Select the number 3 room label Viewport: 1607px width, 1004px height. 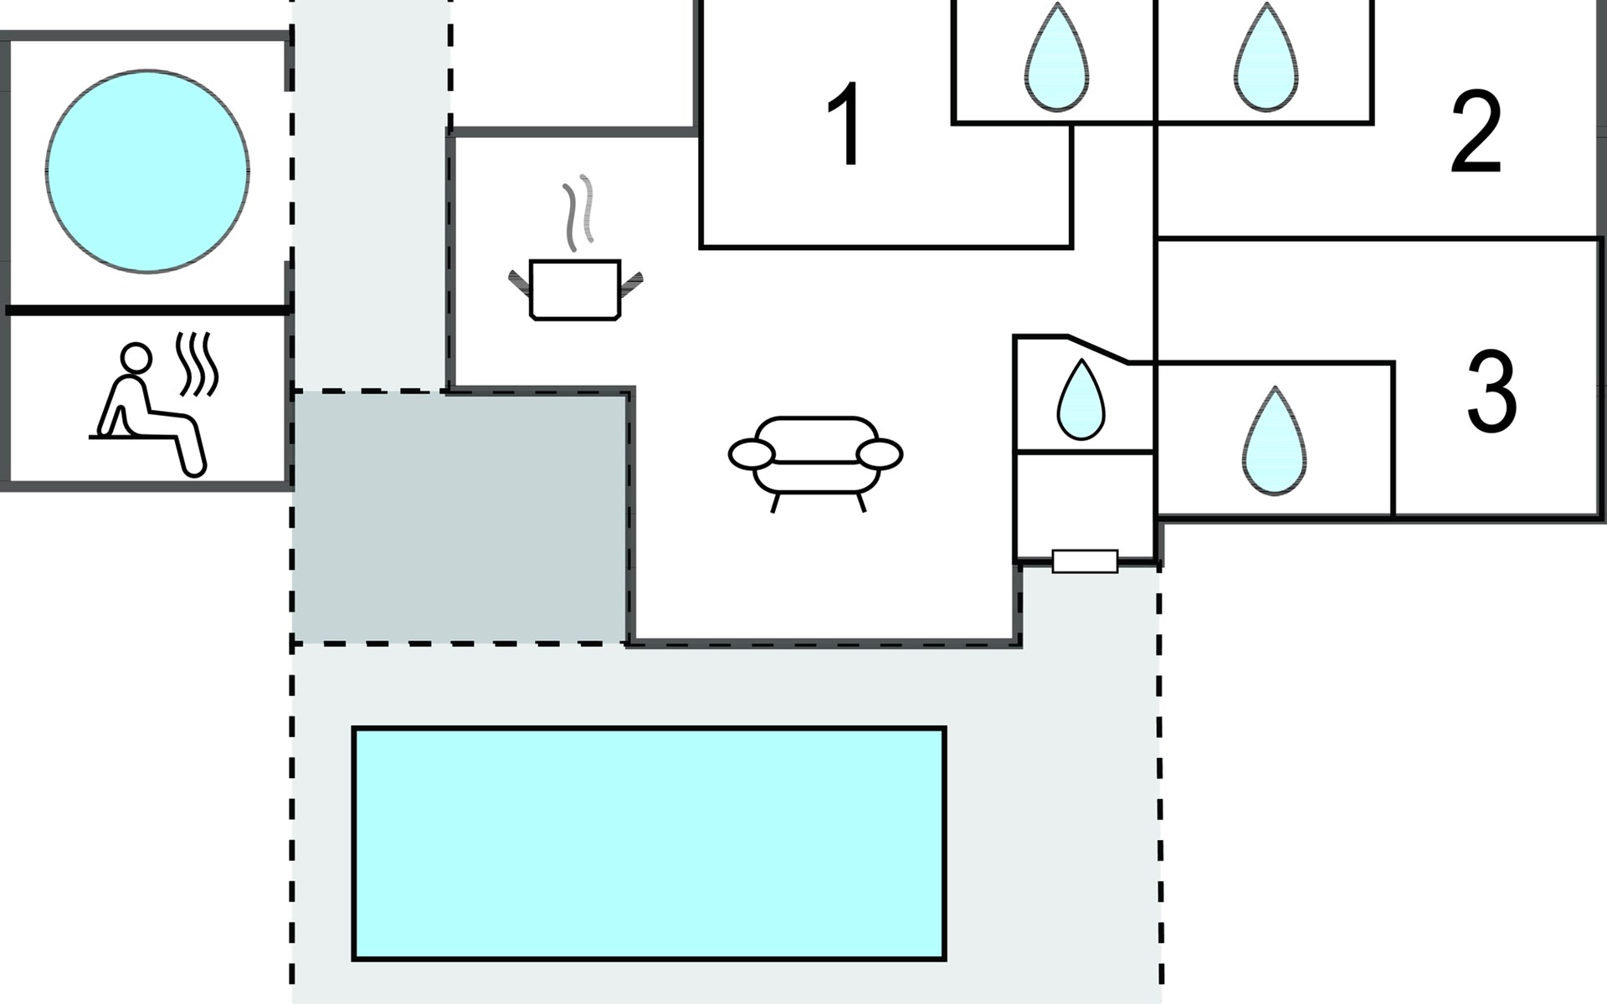pos(1492,392)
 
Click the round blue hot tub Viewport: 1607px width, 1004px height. pos(147,172)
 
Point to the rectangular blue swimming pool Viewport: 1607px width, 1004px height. pos(649,843)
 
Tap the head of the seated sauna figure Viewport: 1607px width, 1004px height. pos(136,357)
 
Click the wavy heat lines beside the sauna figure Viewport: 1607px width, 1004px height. pos(198,365)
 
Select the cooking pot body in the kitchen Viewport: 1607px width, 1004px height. pos(575,290)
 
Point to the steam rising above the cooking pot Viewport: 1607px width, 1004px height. pos(578,213)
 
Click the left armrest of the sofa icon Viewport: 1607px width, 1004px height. pos(751,454)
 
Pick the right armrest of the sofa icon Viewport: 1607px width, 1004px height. pos(880,454)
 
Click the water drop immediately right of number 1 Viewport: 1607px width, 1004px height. pos(1057,60)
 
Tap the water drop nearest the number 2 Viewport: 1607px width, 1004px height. pos(1266,60)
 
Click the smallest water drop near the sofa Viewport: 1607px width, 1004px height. pos(1081,403)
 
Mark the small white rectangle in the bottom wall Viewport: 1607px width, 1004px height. pos(1085,561)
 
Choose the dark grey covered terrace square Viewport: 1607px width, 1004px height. pos(459,517)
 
